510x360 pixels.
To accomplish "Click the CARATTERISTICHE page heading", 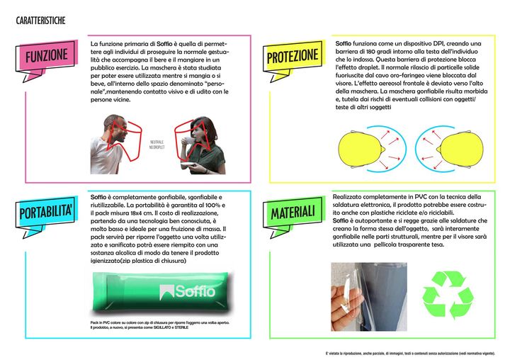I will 40,21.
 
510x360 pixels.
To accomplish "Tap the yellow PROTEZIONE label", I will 292,57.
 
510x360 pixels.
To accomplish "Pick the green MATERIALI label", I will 291,211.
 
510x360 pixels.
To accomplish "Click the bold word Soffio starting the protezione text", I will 343,44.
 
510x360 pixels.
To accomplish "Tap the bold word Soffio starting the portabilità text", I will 99,196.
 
